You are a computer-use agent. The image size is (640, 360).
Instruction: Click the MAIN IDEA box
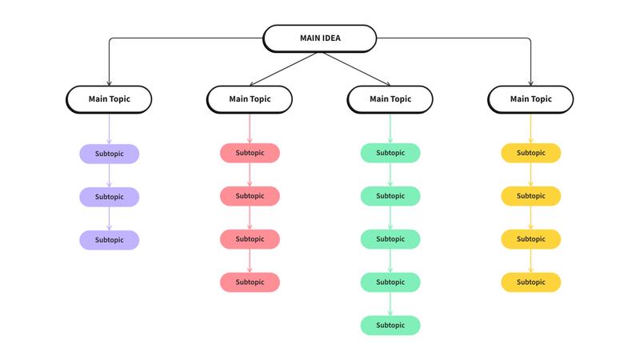[319, 38]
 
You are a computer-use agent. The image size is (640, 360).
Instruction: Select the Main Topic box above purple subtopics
[109, 99]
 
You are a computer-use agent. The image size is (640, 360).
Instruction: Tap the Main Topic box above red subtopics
[250, 99]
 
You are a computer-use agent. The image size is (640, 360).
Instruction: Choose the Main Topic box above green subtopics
[390, 99]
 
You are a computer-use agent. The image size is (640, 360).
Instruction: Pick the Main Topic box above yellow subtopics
[530, 99]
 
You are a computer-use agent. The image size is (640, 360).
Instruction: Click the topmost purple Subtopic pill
[109, 154]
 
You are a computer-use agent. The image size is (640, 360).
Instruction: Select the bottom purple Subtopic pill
[109, 240]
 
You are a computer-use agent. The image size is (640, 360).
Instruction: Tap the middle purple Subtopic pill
[109, 197]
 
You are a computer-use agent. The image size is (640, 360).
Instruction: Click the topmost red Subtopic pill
[250, 153]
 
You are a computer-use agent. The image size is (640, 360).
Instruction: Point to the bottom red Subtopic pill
[250, 282]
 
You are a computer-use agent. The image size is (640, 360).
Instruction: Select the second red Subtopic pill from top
[250, 196]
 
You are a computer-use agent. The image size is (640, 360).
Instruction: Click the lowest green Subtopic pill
[390, 326]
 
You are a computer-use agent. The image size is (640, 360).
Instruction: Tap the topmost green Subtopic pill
[390, 153]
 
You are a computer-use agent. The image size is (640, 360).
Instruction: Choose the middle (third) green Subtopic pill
[390, 239]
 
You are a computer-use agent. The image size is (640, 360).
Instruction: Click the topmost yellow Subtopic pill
[530, 153]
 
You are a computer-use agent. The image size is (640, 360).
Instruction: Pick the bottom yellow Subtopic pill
[530, 282]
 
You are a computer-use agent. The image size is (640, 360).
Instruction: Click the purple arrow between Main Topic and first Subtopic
[109, 128]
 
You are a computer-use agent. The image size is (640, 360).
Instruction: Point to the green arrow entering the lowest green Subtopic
[390, 304]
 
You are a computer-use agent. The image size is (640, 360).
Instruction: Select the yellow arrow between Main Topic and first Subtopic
[530, 128]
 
